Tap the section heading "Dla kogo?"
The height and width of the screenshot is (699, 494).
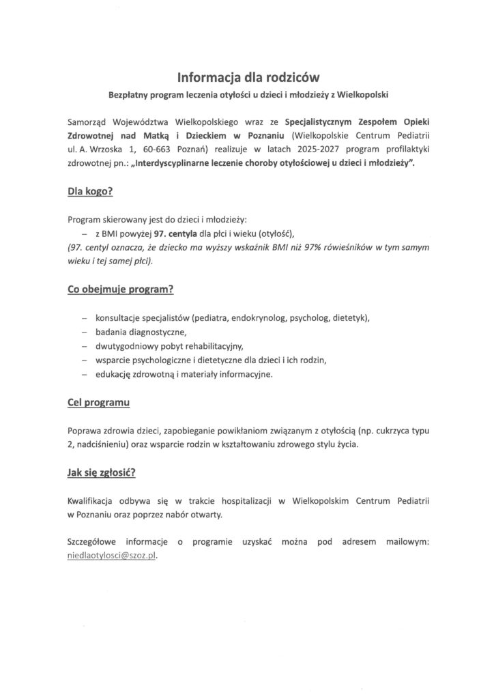click(x=89, y=193)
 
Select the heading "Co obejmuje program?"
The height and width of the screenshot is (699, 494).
click(x=120, y=289)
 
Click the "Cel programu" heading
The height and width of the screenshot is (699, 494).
click(x=99, y=403)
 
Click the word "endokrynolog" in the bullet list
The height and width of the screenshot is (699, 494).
click(x=258, y=318)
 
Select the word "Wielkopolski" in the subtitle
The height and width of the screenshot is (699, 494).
click(x=364, y=93)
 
